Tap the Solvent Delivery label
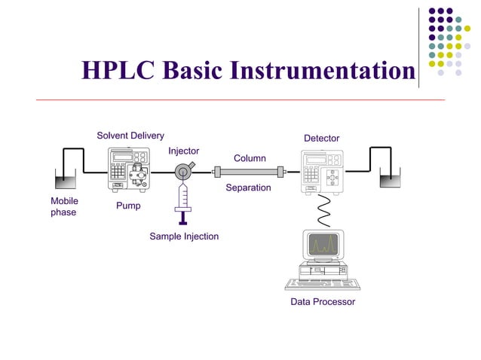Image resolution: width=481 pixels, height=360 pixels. pos(130,136)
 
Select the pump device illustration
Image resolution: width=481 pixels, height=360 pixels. pos(129,170)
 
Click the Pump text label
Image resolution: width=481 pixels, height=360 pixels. pos(128,206)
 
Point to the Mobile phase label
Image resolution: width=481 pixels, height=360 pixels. pos(64,207)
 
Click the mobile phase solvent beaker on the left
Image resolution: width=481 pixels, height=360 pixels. pos(66,178)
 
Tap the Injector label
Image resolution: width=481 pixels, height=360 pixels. pos(183,151)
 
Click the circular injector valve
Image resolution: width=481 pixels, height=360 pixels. pos(182,172)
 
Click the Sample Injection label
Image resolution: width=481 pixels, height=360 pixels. pos(184,236)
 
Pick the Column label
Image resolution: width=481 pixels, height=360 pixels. pos(250,158)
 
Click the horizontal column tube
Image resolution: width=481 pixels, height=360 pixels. pos(249,172)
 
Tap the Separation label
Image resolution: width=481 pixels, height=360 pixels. pos(248,188)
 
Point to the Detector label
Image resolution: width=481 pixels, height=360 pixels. pos(321,139)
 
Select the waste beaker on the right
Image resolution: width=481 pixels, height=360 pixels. pos(389,179)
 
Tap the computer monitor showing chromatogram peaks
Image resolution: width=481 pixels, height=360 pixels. pos(323,245)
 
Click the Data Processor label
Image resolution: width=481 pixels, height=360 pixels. pos(323,302)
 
